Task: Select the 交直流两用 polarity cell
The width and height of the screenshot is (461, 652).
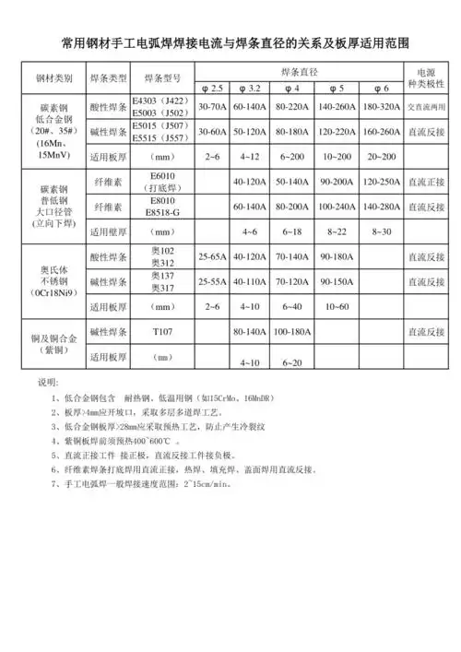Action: tap(425, 107)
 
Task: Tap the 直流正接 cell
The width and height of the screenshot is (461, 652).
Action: tap(425, 181)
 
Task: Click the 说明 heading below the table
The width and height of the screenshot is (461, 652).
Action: tap(47, 381)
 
